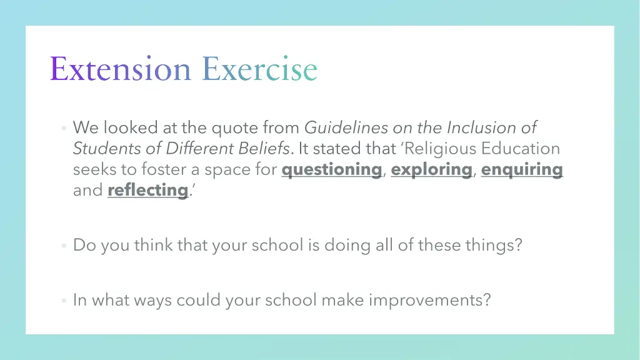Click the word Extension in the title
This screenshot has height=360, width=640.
[x=120, y=69]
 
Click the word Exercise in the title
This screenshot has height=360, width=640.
[x=259, y=69]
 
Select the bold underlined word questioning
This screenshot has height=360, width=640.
[x=331, y=169]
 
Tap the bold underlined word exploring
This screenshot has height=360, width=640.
[x=431, y=169]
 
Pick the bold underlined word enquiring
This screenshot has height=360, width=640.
[x=522, y=169]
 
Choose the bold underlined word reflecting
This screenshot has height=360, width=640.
[x=147, y=190]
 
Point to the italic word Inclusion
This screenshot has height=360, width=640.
[x=480, y=128]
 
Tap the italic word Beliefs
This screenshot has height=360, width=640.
[x=266, y=149]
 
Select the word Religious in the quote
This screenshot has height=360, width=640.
[x=442, y=149]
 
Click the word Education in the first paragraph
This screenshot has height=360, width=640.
[x=522, y=149]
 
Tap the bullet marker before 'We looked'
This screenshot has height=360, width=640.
[x=64, y=129]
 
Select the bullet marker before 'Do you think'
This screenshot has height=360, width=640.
[x=64, y=246]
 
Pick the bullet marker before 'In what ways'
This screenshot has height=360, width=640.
[x=64, y=301]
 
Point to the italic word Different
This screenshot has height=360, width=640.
[x=194, y=149]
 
